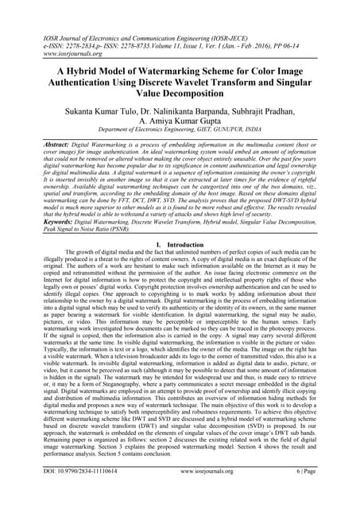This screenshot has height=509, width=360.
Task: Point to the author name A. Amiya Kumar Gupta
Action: tap(180, 125)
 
